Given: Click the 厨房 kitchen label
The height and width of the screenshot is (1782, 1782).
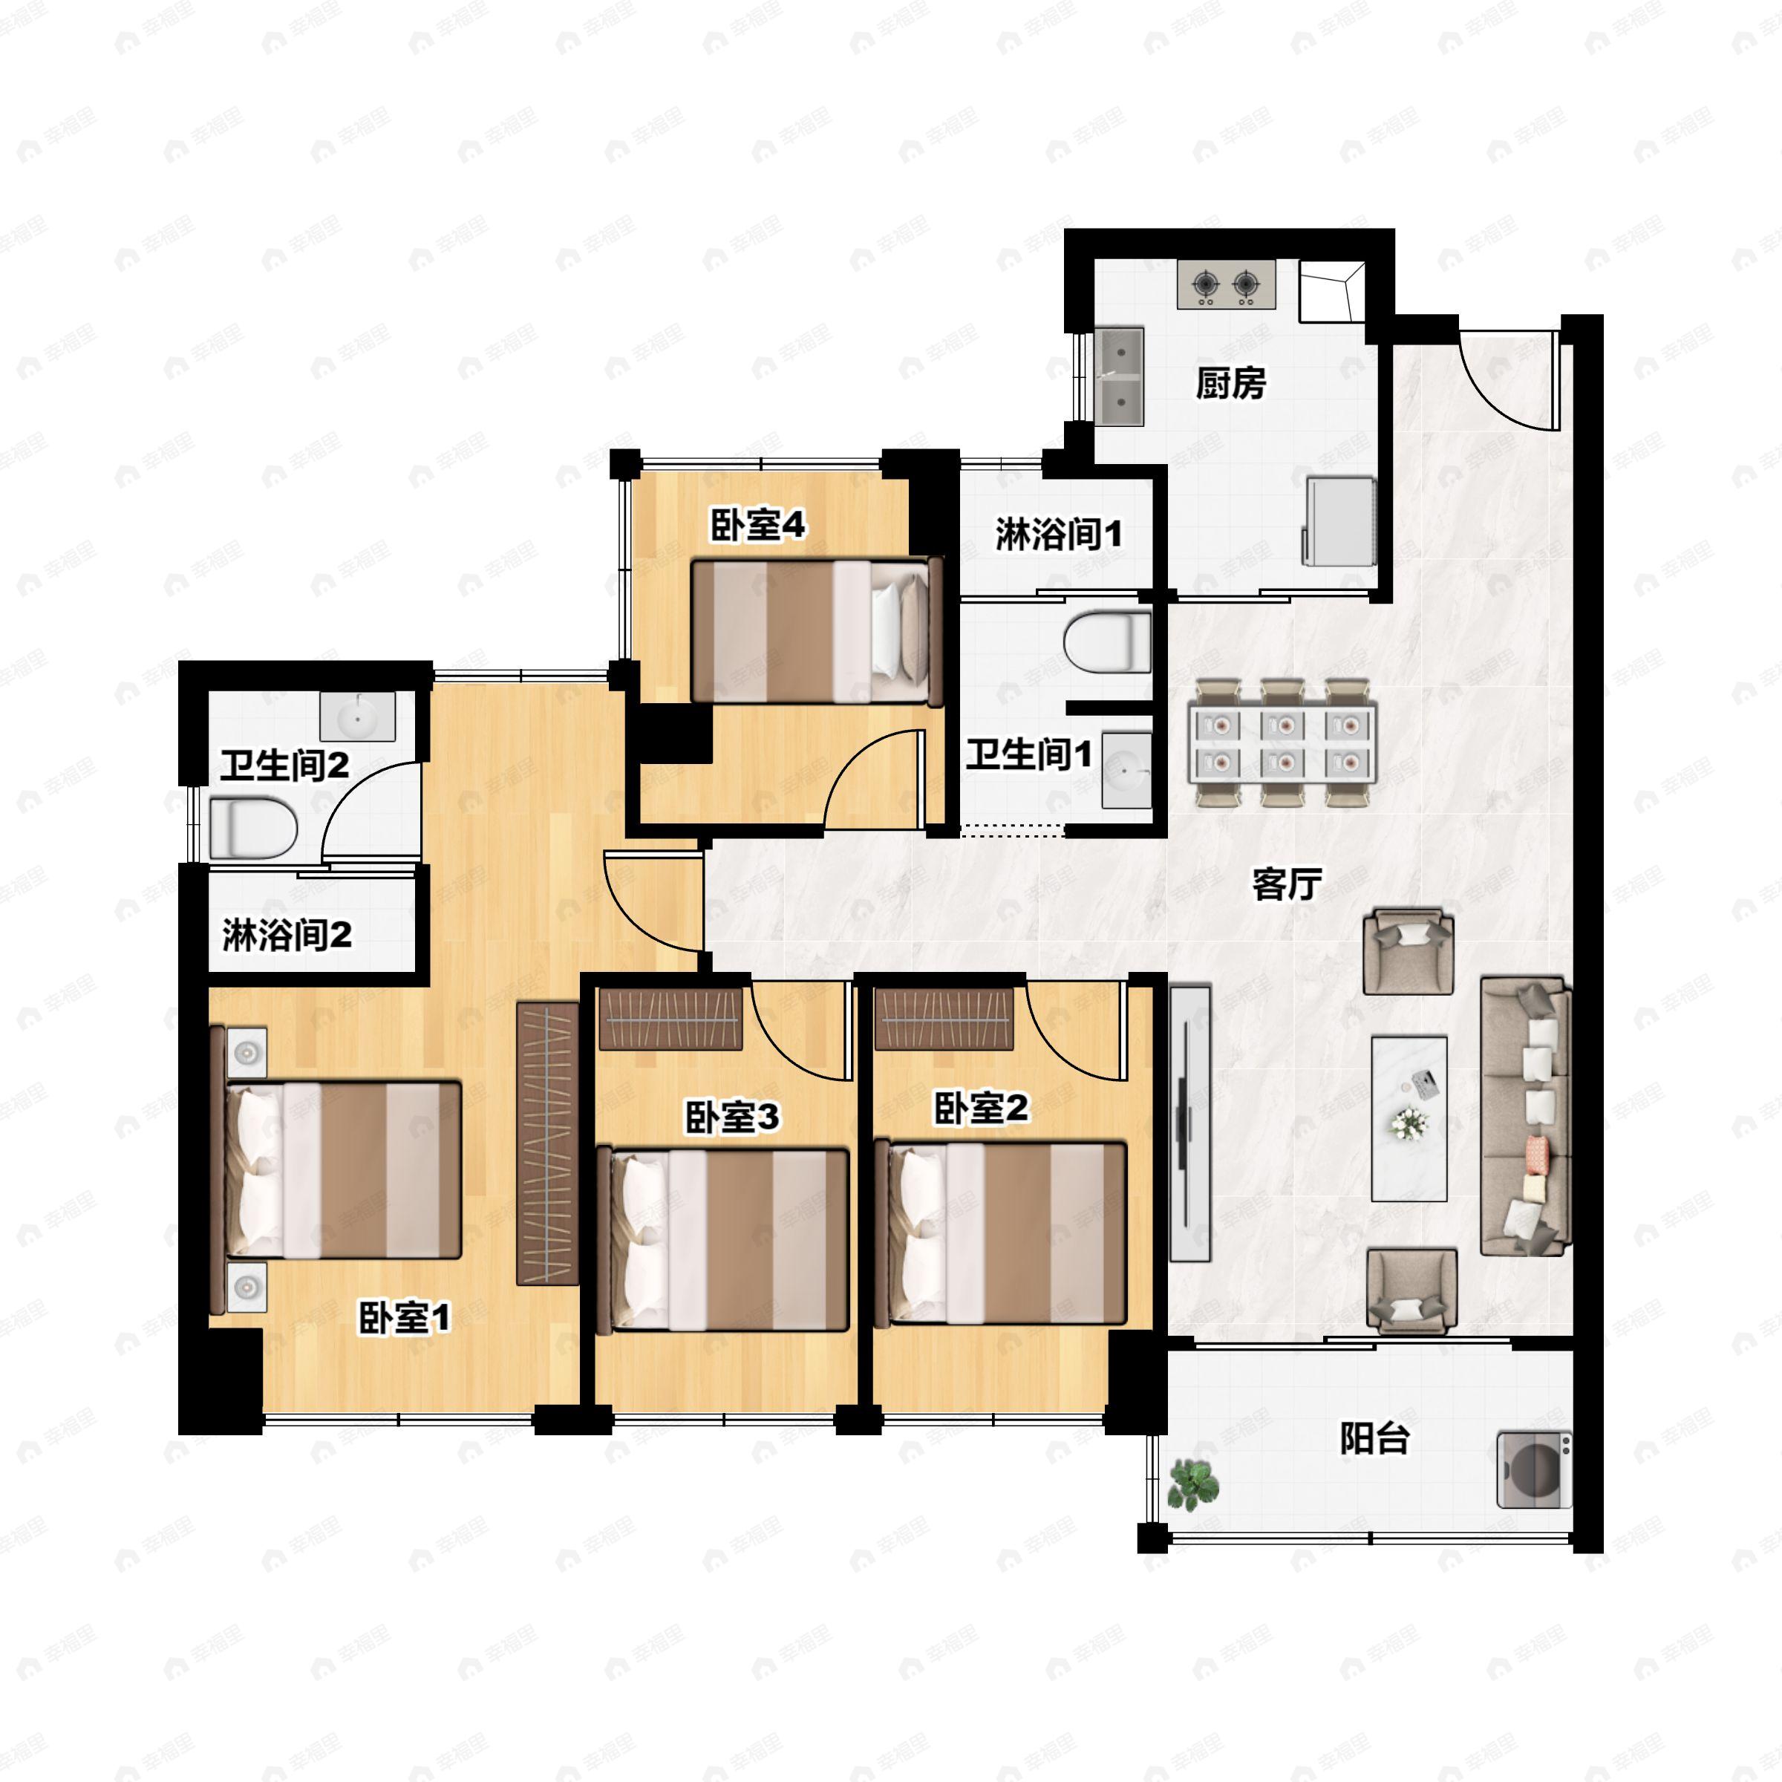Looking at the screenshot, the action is (1230, 383).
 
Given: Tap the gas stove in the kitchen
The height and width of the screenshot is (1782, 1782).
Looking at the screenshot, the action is (1227, 284).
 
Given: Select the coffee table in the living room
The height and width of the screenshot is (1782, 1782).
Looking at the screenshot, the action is (1409, 1118).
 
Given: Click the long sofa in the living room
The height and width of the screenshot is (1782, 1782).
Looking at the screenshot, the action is (1524, 1116).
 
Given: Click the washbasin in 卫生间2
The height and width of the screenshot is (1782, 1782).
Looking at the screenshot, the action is (357, 717).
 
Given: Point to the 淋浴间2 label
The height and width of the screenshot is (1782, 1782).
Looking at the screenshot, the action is (287, 936).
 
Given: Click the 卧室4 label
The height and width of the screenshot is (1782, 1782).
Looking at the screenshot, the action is (757, 525).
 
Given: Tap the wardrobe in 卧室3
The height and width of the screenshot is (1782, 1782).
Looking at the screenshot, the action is (670, 1018).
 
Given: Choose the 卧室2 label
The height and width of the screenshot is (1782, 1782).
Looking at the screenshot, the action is (980, 1109).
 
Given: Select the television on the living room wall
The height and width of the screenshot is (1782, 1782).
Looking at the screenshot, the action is (1189, 1123).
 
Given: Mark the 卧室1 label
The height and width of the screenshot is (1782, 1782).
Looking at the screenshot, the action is (404, 1318).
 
